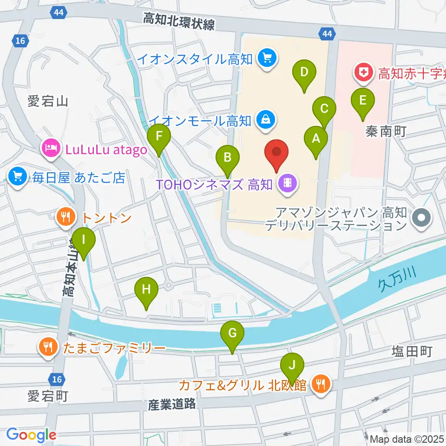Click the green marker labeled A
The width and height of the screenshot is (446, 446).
316,138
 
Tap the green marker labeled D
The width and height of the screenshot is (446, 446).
304,72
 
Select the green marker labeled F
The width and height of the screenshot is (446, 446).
159,137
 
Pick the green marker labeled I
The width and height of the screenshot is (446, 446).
84,240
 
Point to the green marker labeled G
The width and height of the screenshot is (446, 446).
232,333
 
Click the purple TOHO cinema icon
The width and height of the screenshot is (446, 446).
288,184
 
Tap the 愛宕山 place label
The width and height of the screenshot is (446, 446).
48,101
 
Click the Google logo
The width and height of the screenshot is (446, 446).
31,435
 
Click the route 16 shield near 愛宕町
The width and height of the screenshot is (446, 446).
57,380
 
